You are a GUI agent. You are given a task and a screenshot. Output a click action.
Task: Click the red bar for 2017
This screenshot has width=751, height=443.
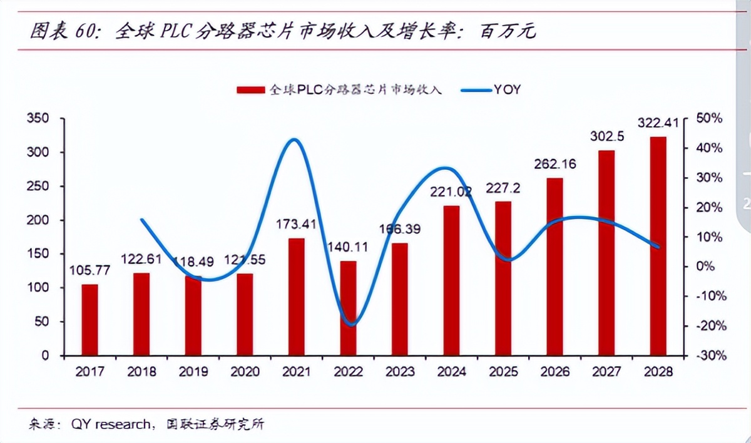coord(90,320)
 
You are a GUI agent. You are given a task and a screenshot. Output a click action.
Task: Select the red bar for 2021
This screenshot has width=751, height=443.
coord(297,297)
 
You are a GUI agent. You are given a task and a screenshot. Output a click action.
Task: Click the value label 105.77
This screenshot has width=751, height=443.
coord(89,272)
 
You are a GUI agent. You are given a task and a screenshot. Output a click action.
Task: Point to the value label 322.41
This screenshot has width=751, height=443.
coord(658,123)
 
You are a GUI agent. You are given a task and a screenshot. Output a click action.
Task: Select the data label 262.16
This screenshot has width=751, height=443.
coord(555,165)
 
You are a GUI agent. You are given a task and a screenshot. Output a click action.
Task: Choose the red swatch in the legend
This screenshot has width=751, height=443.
coord(250,90)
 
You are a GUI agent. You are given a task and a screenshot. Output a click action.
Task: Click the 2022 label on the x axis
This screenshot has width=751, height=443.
coord(348,372)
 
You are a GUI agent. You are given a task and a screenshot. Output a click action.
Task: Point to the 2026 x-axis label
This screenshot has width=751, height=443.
coord(555,372)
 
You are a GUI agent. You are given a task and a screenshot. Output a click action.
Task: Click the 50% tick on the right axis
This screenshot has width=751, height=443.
coord(711,119)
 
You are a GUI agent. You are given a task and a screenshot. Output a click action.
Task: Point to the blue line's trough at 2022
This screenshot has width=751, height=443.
coord(352,325)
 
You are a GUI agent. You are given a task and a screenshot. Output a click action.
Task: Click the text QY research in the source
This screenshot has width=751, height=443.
coord(110,425)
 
